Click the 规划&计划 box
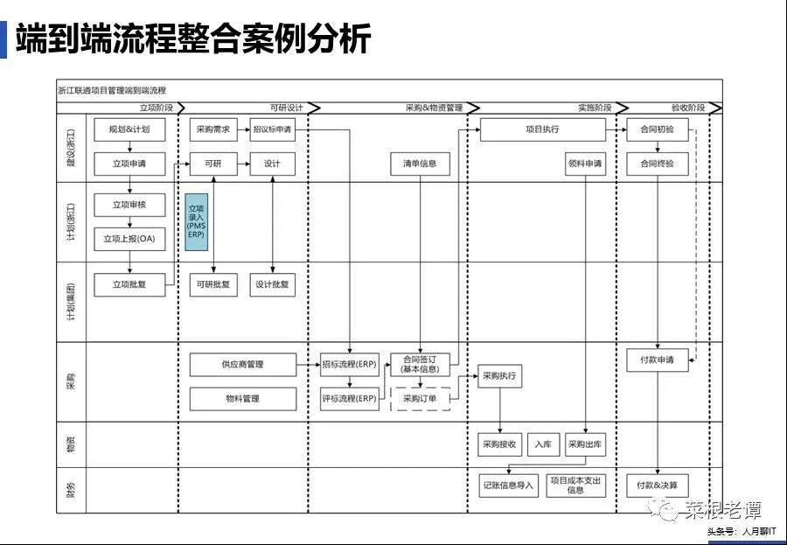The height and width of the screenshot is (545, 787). tap(129, 129)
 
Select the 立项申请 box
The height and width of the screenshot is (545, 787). tap(129, 164)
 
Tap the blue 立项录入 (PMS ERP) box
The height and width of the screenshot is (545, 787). tap(196, 221)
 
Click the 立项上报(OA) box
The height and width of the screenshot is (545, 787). tap(129, 239)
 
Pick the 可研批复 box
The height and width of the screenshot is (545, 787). tap(213, 285)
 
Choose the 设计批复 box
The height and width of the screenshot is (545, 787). tap(273, 285)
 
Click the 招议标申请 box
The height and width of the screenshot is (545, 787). tap(273, 129)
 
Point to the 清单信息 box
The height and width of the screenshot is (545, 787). tap(420, 164)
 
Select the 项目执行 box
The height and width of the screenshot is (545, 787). tap(542, 129)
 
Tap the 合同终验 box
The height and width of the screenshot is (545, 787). tap(658, 164)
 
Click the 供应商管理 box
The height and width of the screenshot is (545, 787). tap(243, 365)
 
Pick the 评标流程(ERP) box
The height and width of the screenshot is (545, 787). tap(350, 399)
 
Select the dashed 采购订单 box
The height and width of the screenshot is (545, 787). tap(420, 399)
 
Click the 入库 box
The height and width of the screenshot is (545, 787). tap(542, 444)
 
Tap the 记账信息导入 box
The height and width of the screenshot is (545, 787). tap(508, 486)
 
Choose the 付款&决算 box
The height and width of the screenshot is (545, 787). tap(658, 486)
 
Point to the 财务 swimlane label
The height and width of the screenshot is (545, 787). tap(71, 489)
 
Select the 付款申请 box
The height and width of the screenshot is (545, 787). tap(658, 360)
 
